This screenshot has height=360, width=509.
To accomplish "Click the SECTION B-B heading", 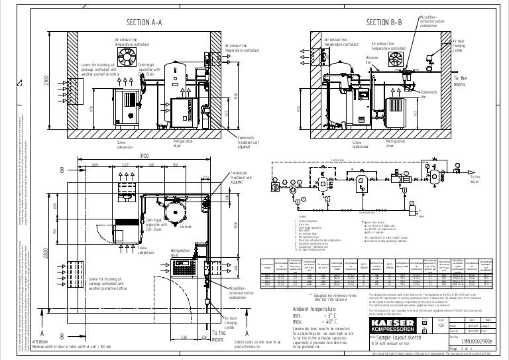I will (384, 23).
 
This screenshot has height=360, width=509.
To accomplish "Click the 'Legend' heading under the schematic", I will (301, 217).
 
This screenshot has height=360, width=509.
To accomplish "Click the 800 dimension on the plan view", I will (95, 165).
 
